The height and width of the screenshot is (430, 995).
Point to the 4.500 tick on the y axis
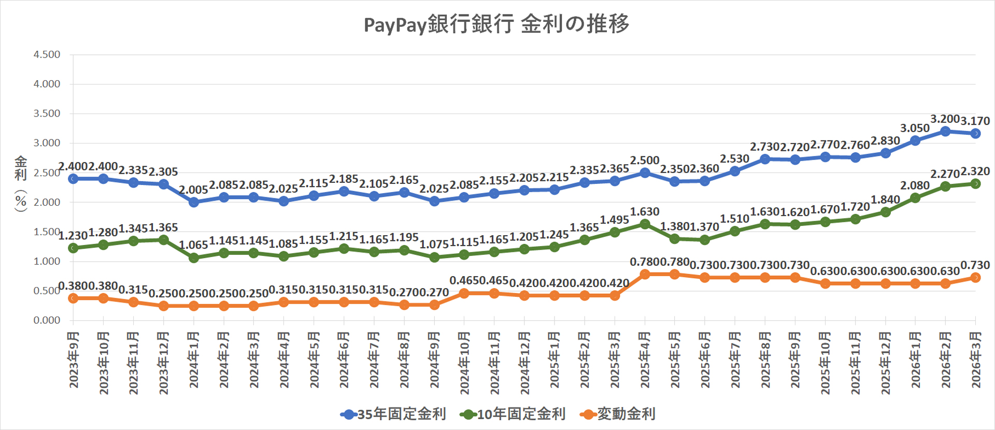pyautogui.click(x=47, y=54)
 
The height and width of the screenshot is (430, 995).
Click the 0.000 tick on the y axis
pyautogui.click(x=47, y=320)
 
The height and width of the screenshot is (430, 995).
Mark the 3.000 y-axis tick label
pyautogui.click(x=47, y=143)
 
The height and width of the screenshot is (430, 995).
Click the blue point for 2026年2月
pyautogui.click(x=945, y=132)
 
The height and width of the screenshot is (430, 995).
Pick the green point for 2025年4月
pyautogui.click(x=645, y=224)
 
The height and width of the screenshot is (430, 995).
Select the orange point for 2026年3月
pyautogui.click(x=975, y=278)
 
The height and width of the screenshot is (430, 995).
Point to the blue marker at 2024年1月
pyautogui.click(x=194, y=202)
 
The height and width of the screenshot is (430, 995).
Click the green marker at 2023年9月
pyautogui.click(x=74, y=248)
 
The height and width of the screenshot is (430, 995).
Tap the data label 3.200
pyautogui.click(x=945, y=119)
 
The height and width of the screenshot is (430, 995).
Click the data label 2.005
pyautogui.click(x=193, y=190)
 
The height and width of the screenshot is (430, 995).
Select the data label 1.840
pyautogui.click(x=885, y=200)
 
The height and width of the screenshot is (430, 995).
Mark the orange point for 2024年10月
pyautogui.click(x=464, y=293)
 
